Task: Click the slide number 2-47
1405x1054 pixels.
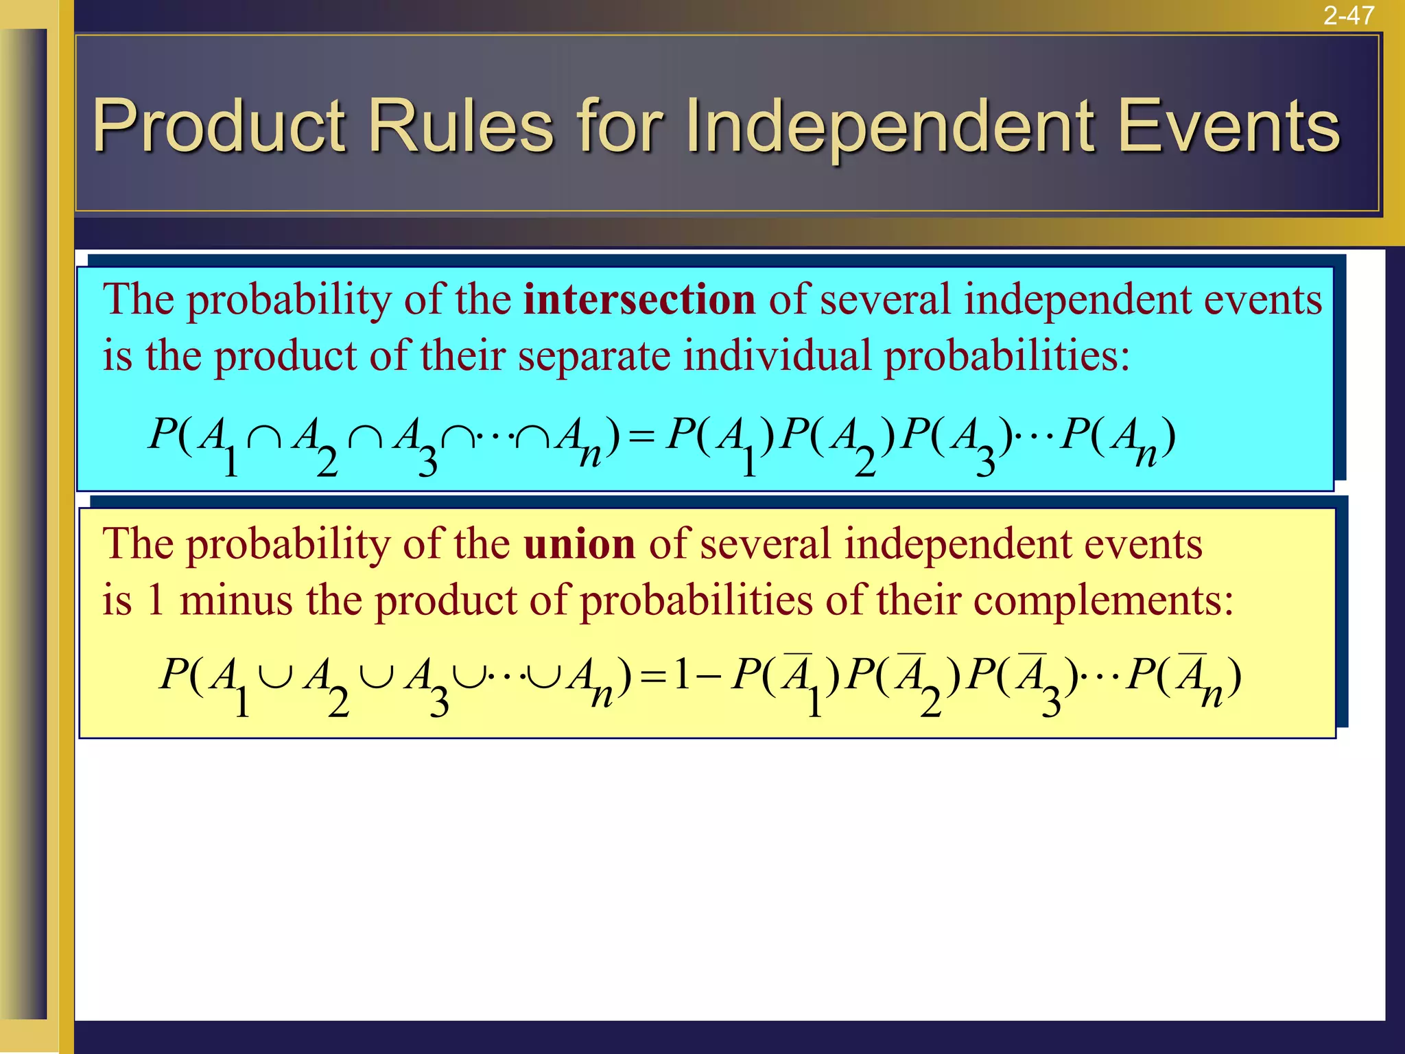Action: click(x=1349, y=15)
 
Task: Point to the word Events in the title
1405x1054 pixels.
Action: click(x=1229, y=126)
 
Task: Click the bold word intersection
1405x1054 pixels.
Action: click(x=639, y=300)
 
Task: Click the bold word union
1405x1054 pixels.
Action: click(x=580, y=544)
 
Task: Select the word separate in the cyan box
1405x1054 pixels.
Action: click(x=593, y=356)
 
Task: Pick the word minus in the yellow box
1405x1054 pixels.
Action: click(x=236, y=600)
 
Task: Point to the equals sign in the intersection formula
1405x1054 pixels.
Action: click(x=641, y=436)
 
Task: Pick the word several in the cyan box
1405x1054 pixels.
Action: click(x=884, y=300)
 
